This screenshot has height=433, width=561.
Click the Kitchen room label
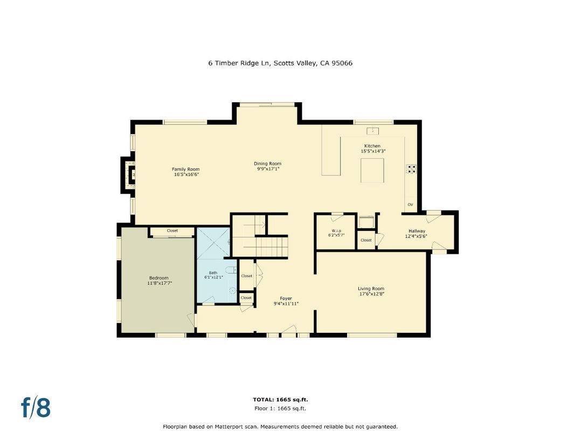(372, 146)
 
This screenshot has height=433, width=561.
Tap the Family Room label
(186, 169)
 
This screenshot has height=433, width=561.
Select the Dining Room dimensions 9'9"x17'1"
(268, 169)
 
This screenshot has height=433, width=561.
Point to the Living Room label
(371, 289)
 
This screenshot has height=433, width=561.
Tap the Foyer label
(286, 298)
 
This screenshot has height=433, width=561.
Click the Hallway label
(417, 231)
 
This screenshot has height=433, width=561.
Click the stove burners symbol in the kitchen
(411, 169)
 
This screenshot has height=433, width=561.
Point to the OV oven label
(410, 205)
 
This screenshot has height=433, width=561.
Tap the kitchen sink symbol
(372, 130)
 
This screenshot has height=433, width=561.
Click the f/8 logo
(36, 408)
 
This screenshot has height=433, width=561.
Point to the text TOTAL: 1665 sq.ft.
(280, 400)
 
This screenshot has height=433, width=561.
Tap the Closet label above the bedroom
(172, 231)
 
